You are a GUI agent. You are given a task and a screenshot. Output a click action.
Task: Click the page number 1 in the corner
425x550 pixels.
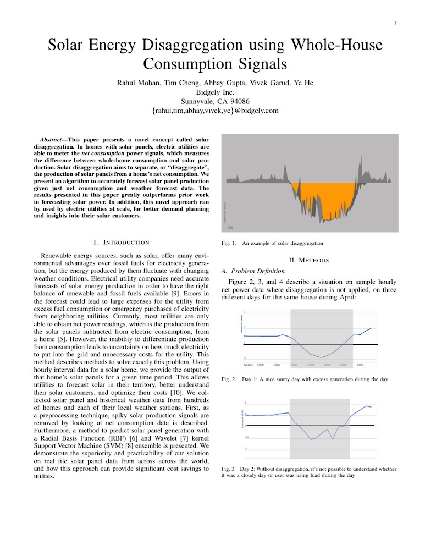(x=395, y=23)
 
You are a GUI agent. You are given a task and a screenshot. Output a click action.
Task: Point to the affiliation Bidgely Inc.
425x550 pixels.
(x=212, y=92)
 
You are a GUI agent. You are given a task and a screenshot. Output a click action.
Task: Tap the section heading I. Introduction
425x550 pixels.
(x=122, y=242)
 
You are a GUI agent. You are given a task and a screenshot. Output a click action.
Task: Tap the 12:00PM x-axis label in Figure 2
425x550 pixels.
(x=310, y=364)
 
